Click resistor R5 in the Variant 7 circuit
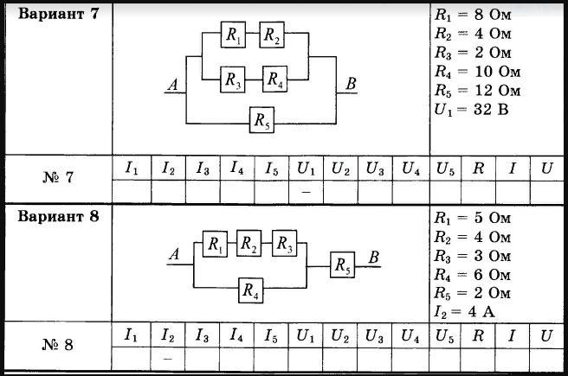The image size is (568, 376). pos(261,119)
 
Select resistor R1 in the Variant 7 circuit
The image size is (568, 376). pos(233,35)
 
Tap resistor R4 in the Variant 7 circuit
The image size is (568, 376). pos(275,79)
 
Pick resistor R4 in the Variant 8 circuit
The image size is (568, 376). pos(251,290)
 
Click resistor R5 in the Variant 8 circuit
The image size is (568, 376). pos(342,264)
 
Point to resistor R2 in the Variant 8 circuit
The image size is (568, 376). pos(248,243)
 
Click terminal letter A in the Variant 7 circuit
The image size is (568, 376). pos(173,85)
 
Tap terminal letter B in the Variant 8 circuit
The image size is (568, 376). pos(374,258)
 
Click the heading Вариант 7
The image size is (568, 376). pos(58,14)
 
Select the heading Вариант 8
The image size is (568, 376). pos(58,216)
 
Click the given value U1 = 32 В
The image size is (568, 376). pos(472,110)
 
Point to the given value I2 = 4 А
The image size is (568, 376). pos(464,312)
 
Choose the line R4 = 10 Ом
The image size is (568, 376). pos(477,72)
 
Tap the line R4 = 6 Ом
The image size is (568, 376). pos(473,275)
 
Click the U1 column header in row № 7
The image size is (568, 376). pos(307,169)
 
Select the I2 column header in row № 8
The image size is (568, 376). pos(168,335)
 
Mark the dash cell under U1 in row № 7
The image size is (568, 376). pos(307,192)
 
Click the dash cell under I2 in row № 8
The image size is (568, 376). pos(168,359)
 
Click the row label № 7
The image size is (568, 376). pos(58,177)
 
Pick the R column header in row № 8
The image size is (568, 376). pos(478,335)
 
